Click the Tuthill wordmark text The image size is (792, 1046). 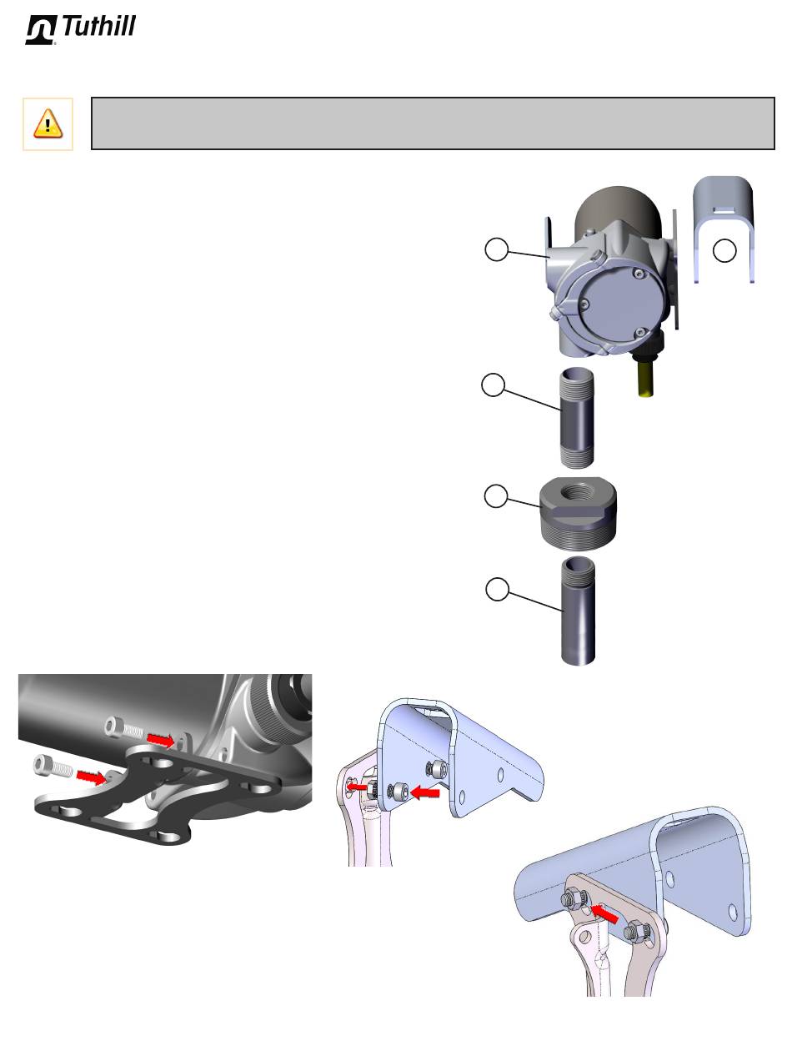[x=98, y=26]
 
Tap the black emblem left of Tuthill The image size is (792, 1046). [x=41, y=29]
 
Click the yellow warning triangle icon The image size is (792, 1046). [x=48, y=123]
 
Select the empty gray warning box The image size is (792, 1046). [x=433, y=123]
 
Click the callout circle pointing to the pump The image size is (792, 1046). [x=496, y=249]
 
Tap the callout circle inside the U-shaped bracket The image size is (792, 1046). [x=724, y=251]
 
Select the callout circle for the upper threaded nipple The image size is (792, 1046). [x=493, y=385]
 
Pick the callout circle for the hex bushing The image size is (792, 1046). [x=496, y=496]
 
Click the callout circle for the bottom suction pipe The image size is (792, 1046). [x=497, y=590]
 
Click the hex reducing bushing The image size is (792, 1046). [x=579, y=514]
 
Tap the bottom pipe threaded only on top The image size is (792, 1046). [x=579, y=611]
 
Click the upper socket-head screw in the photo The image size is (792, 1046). [x=124, y=727]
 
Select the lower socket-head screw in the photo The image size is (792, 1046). [x=53, y=766]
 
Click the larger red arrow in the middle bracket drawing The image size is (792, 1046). [x=425, y=793]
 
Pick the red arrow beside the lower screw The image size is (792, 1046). [x=92, y=777]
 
